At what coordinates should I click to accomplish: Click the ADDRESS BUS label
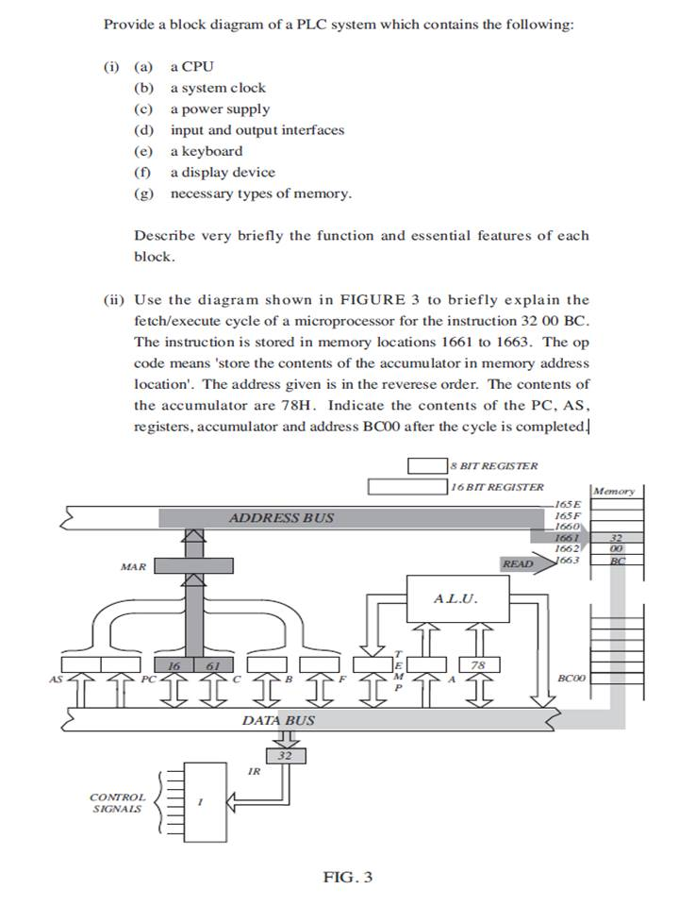pos(281,517)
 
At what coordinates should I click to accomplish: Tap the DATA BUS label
pos(278,720)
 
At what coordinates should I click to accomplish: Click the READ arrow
pos(520,564)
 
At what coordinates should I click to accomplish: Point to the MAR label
pos(133,567)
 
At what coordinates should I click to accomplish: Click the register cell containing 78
pos(478,665)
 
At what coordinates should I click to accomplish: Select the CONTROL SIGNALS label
pos(118,802)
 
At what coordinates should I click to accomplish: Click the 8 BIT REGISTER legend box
pos(426,465)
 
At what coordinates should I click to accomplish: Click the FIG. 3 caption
pos(348,877)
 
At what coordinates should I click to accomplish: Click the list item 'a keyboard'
pos(206,151)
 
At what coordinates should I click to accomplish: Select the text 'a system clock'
pos(218,88)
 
